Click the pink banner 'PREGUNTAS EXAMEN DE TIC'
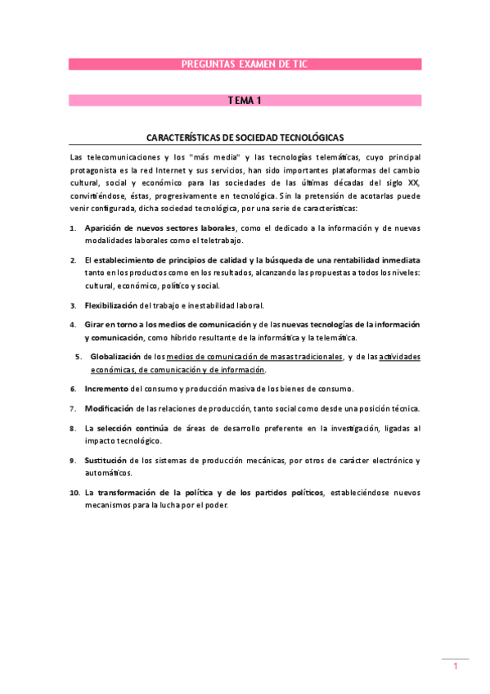point(245,64)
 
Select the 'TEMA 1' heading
point(245,101)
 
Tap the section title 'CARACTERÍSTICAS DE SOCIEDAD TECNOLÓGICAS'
point(245,138)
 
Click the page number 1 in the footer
point(456,667)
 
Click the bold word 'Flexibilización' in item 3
point(111,305)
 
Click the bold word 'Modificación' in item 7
point(109,408)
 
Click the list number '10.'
point(74,493)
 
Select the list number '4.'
point(73,325)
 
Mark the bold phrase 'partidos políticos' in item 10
point(278,493)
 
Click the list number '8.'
point(73,428)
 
